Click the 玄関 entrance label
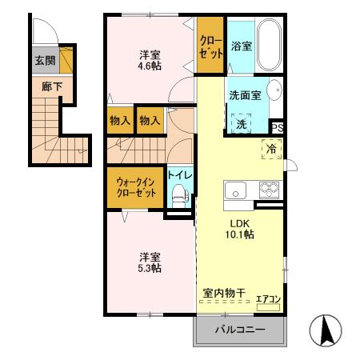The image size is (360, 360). pyautogui.click(x=44, y=60)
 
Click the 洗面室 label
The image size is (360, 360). pyautogui.click(x=245, y=94)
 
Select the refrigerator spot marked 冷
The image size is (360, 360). pyautogui.click(x=270, y=149)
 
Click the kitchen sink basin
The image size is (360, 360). pyautogui.click(x=236, y=190)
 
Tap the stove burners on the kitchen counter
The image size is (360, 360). pyautogui.click(x=267, y=190)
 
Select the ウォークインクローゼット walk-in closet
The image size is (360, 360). pyautogui.click(x=135, y=187)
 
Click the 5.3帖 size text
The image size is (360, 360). pyautogui.click(x=150, y=269)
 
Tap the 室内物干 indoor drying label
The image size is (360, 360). pyautogui.click(x=224, y=294)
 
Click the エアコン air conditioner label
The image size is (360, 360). pyautogui.click(x=268, y=299)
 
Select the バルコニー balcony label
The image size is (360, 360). pyautogui.click(x=239, y=331)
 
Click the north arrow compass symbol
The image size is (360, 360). pyautogui.click(x=326, y=332)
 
